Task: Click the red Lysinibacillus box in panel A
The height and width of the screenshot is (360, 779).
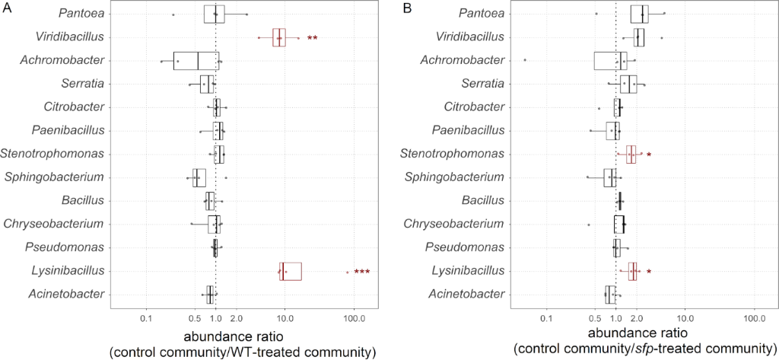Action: (291, 271)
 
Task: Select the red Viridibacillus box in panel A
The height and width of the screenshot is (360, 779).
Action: (279, 37)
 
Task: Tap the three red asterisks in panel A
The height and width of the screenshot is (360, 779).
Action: (361, 272)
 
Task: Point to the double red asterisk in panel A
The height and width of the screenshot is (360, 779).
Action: (312, 37)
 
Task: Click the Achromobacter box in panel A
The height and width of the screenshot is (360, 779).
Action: (196, 60)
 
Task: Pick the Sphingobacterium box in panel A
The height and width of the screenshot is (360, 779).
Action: (199, 177)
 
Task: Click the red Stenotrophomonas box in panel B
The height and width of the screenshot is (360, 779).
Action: (631, 155)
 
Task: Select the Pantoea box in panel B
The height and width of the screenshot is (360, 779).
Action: (640, 14)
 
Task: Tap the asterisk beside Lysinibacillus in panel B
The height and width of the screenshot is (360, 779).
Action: (649, 272)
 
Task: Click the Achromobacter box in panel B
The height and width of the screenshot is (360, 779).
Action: (611, 60)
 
